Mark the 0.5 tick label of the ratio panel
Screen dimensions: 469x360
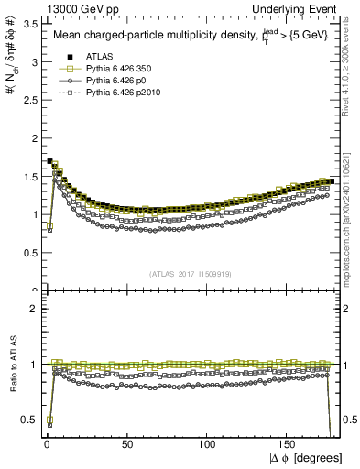click(31, 420)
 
